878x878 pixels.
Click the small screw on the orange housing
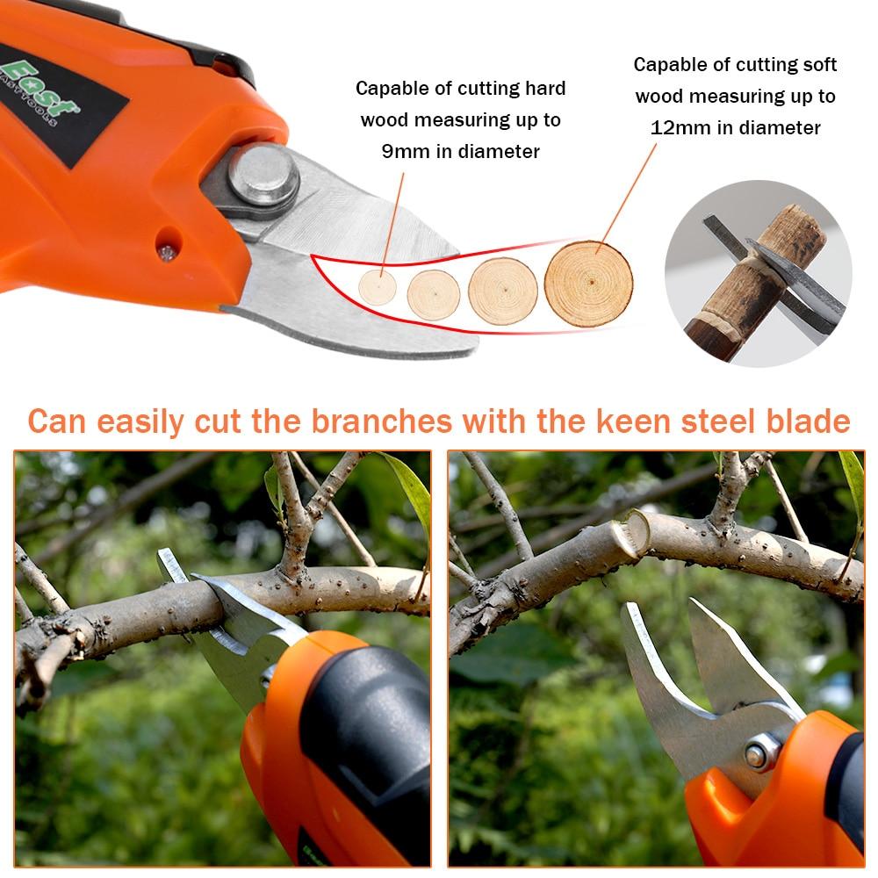[x=166, y=253]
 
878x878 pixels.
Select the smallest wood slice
[x=378, y=287]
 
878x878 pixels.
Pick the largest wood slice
[x=588, y=284]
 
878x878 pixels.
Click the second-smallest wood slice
[x=434, y=294]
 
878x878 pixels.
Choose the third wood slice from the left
[x=503, y=291]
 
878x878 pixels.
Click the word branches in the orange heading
[x=381, y=421]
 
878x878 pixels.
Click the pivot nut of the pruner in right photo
[x=757, y=757]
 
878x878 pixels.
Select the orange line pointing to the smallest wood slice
[x=392, y=224]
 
